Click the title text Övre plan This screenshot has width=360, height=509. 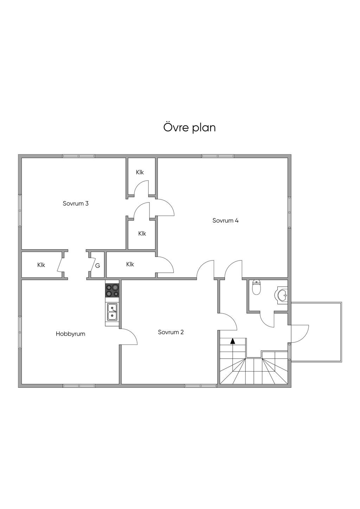pyautogui.click(x=189, y=128)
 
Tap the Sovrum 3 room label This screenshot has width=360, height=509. pyautogui.click(x=76, y=204)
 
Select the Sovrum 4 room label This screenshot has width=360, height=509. pyautogui.click(x=225, y=220)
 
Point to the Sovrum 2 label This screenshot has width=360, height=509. pyautogui.click(x=171, y=332)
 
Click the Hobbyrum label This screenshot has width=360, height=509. pyautogui.click(x=70, y=334)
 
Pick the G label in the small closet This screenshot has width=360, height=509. pyautogui.click(x=97, y=266)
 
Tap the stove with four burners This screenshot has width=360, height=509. pyautogui.click(x=112, y=290)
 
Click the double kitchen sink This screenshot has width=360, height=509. pyautogui.click(x=112, y=312)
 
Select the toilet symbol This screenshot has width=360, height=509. pyautogui.click(x=257, y=288)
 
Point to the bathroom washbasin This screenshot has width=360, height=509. pyautogui.click(x=282, y=295)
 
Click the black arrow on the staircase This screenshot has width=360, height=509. pyautogui.click(x=232, y=341)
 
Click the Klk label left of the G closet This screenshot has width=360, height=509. pyautogui.click(x=41, y=265)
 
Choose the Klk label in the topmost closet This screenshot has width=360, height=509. pyautogui.click(x=140, y=172)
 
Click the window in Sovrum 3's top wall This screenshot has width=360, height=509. pyautogui.click(x=79, y=156)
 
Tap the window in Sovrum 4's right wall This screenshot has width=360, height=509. pyautogui.click(x=289, y=212)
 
